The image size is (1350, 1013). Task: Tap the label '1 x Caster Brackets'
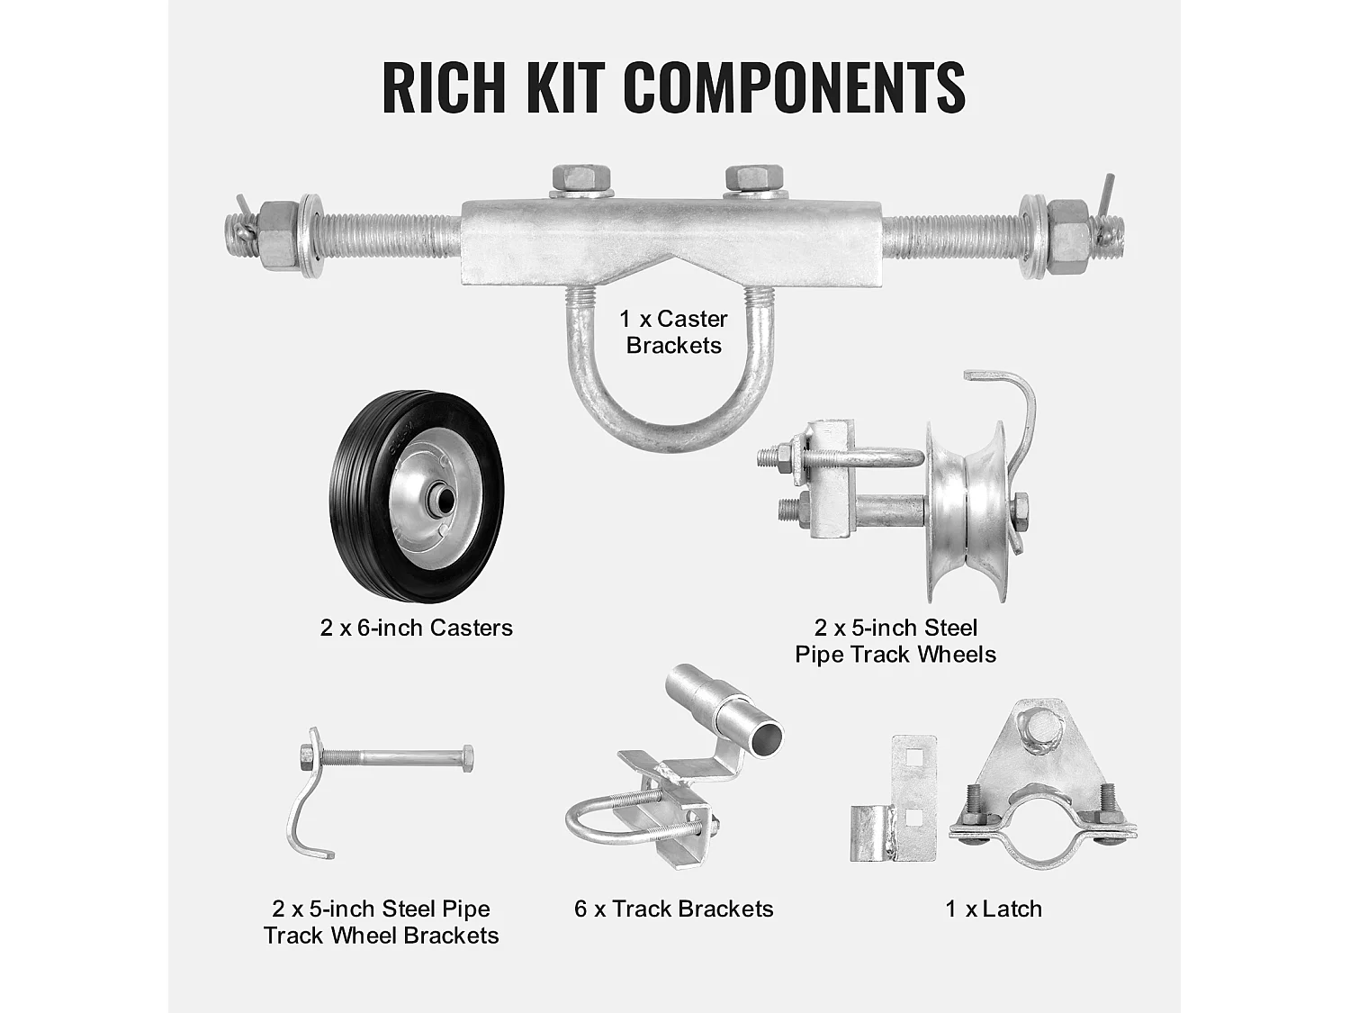(x=673, y=332)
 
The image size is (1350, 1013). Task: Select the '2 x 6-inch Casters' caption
(x=416, y=628)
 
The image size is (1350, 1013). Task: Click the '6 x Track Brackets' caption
(x=673, y=909)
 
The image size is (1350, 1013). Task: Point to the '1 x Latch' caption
(x=994, y=909)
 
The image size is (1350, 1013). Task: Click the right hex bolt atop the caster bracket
(x=754, y=178)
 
